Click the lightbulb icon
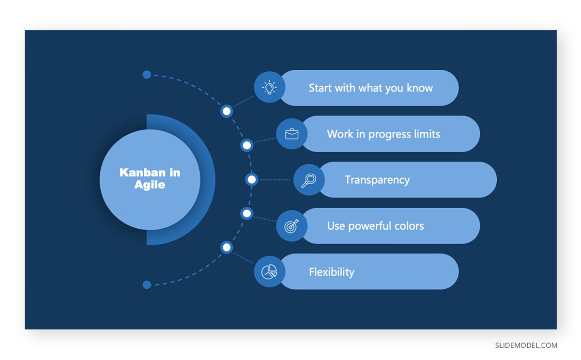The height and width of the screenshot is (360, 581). (269, 87)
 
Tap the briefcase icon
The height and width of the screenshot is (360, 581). (291, 134)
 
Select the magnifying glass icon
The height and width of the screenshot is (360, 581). (309, 180)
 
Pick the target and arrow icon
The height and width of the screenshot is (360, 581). (291, 226)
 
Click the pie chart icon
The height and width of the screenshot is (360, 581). (269, 272)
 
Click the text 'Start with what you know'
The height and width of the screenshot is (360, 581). (371, 88)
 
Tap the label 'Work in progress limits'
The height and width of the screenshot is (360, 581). (383, 134)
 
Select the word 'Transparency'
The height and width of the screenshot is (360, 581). (377, 180)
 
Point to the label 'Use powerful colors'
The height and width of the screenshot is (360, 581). (375, 226)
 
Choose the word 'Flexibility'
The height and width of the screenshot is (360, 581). (332, 272)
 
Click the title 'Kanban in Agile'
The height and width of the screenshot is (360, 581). (150, 179)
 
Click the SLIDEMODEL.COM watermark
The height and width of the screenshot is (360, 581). (526, 345)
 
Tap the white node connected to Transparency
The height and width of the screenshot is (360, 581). (252, 180)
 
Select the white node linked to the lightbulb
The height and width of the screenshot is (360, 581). (227, 111)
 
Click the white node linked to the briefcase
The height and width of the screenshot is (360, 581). (246, 145)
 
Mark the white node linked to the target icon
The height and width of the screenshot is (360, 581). (246, 214)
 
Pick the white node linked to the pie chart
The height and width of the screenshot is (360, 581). (227, 248)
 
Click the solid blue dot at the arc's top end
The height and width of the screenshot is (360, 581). (147, 75)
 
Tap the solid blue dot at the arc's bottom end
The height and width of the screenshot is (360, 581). (147, 285)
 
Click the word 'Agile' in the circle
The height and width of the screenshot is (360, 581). (150, 185)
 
